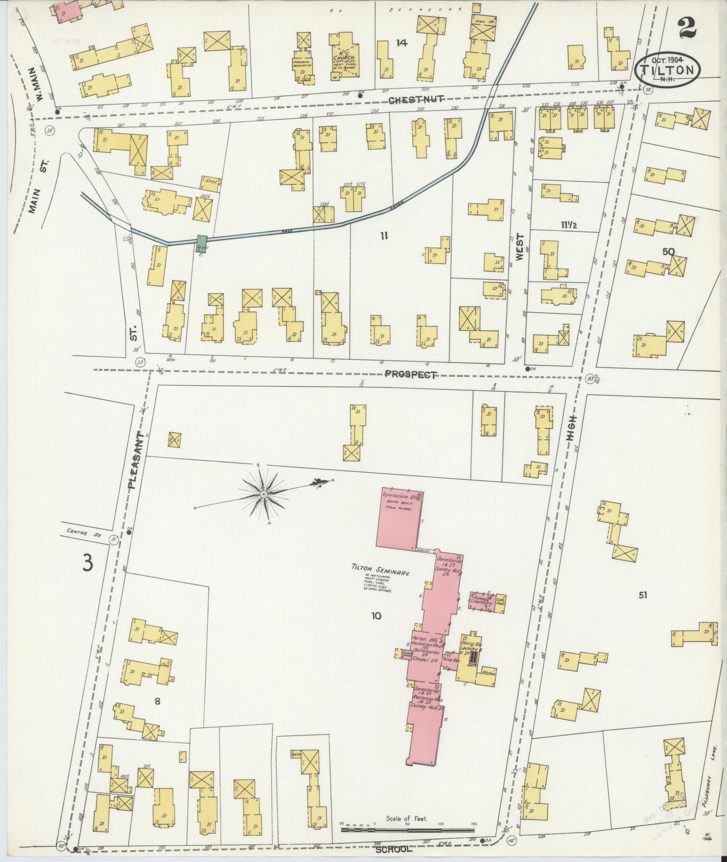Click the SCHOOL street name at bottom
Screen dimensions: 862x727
(x=394, y=848)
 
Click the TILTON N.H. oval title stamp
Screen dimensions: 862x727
(x=668, y=70)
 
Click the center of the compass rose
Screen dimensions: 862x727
(x=264, y=495)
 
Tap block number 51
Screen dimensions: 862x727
(x=642, y=595)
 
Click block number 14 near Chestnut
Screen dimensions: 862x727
(x=401, y=43)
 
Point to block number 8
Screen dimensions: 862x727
(x=157, y=702)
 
